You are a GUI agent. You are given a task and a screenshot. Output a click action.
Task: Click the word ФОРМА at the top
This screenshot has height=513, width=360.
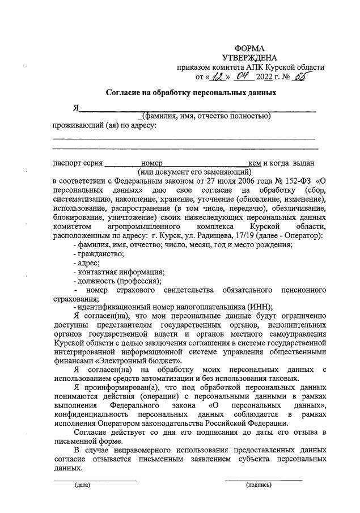(249, 48)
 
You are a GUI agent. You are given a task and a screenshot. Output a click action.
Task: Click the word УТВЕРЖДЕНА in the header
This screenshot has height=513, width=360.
(249, 58)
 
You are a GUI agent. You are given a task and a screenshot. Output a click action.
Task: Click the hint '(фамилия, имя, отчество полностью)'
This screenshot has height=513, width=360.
(206, 116)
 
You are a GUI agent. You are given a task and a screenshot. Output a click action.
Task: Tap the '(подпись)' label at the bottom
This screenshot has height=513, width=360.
(259, 485)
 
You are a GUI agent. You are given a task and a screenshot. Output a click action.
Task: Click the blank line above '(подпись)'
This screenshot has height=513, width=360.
(263, 480)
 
